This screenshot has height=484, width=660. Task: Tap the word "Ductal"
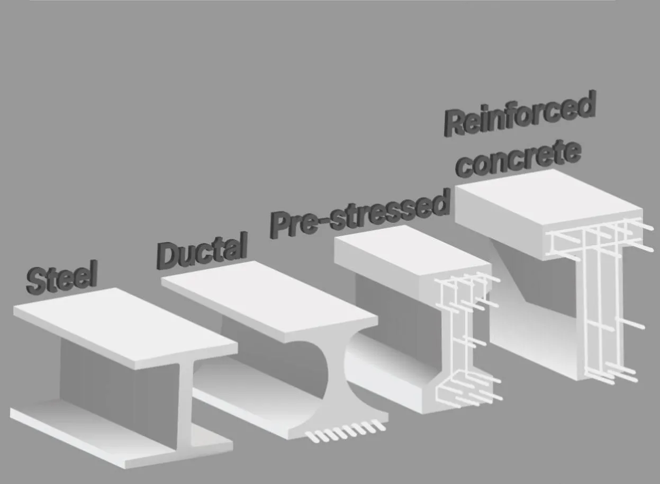(x=203, y=250)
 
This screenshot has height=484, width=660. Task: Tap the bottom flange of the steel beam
(x=106, y=432)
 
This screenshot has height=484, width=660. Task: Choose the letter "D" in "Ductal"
(x=169, y=256)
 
